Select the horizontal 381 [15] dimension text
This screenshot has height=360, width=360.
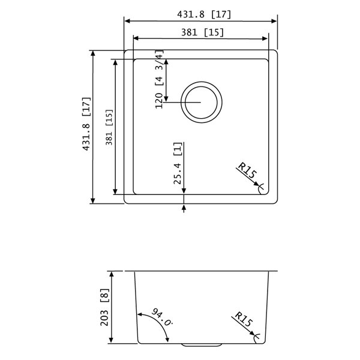tap(201, 32)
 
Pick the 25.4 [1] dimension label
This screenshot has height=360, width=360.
tap(178, 163)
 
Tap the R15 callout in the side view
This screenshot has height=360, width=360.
tap(245, 322)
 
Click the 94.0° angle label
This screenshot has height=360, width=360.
tap(161, 317)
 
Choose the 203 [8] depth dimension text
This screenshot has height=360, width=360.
tap(106, 307)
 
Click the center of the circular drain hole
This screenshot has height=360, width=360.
tap(202, 102)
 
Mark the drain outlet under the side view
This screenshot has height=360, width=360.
tap(202, 346)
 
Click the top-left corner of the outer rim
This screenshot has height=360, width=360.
tap(125, 51)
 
